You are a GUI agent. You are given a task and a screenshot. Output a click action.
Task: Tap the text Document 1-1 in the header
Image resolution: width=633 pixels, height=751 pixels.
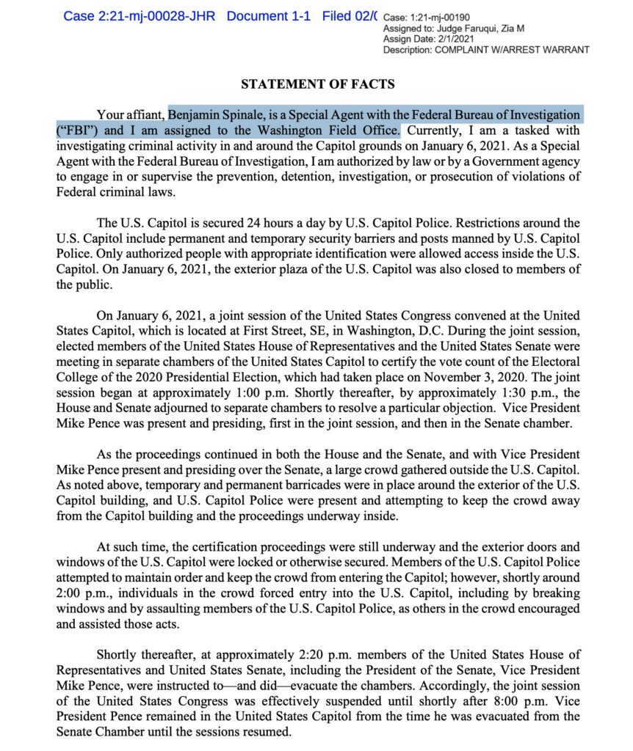tap(271, 16)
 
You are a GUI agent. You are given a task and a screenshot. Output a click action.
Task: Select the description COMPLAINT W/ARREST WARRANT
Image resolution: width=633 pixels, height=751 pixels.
tap(512, 49)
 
